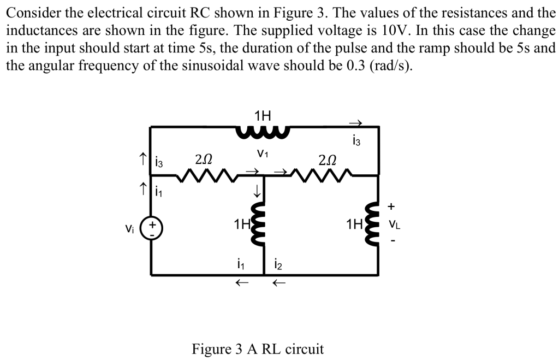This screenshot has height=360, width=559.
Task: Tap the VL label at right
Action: (394, 225)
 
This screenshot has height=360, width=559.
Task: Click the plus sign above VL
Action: (391, 206)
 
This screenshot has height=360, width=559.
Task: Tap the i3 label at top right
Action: (358, 143)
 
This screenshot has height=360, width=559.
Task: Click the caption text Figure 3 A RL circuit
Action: (258, 349)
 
